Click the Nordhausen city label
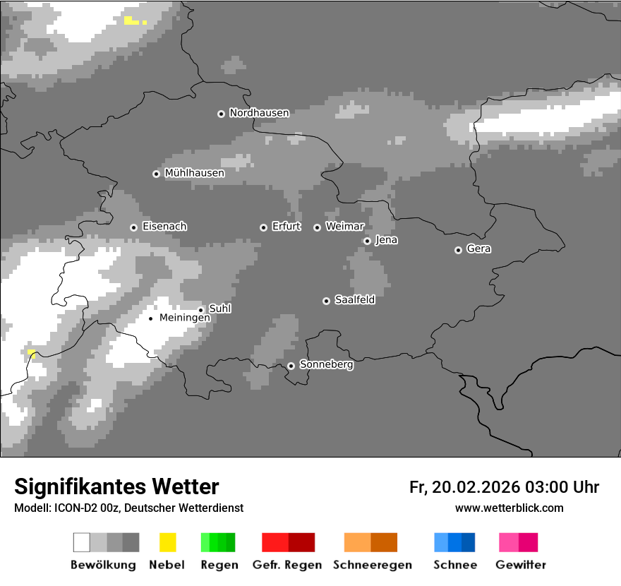pyautogui.click(x=259, y=113)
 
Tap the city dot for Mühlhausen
pyautogui.click(x=157, y=174)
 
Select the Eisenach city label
pyautogui.click(x=164, y=227)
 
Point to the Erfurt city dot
pyautogui.click(x=263, y=227)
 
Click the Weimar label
pyautogui.click(x=345, y=227)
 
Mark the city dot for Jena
pyautogui.click(x=367, y=241)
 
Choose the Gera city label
pyautogui.click(x=478, y=249)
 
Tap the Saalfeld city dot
pyautogui.click(x=326, y=301)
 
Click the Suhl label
pyautogui.click(x=220, y=309)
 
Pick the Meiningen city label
pyautogui.click(x=184, y=318)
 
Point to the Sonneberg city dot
pyautogui.click(x=291, y=366)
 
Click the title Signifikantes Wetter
pyautogui.click(x=116, y=487)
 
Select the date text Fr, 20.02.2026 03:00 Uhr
pyautogui.click(x=504, y=487)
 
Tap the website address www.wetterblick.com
pyautogui.click(x=509, y=508)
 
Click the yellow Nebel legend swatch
pyautogui.click(x=167, y=542)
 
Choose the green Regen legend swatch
pyautogui.click(x=218, y=542)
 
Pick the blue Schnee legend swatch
pyautogui.click(x=454, y=542)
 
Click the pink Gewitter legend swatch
pyautogui.click(x=518, y=542)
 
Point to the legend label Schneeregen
pyautogui.click(x=372, y=565)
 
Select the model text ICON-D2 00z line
pyautogui.click(x=128, y=508)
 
